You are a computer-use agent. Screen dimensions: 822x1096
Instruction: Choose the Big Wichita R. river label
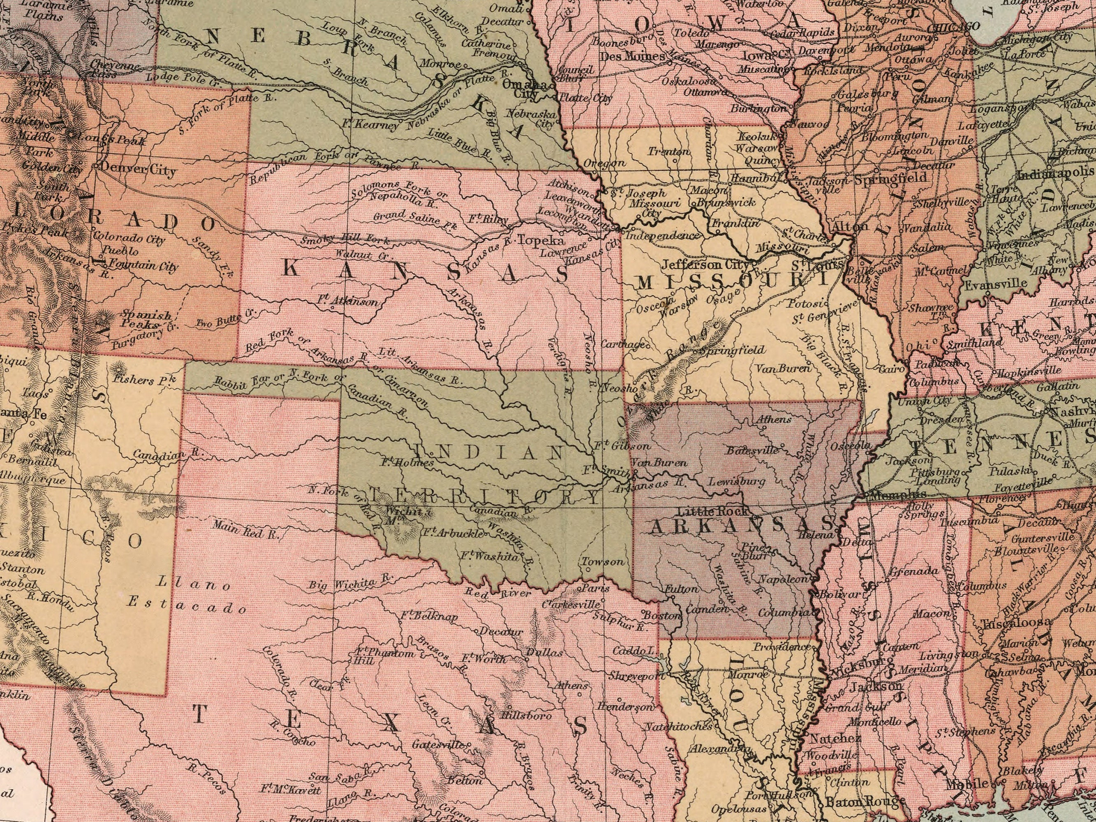pyautogui.click(x=351, y=583)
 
